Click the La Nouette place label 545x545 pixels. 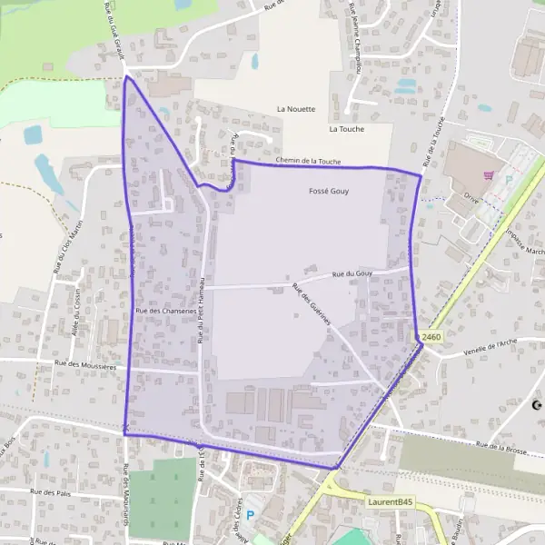click(x=296, y=109)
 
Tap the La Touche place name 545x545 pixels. click(x=346, y=129)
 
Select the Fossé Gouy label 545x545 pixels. click(x=329, y=193)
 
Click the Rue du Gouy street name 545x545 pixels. click(x=353, y=273)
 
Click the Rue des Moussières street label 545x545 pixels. click(x=86, y=364)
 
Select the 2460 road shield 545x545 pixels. click(x=431, y=337)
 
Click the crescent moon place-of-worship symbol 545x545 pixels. click(x=537, y=404)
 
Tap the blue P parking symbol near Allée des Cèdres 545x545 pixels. click(x=252, y=514)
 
